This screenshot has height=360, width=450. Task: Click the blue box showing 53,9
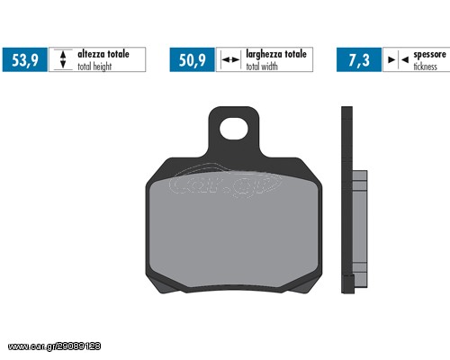[25, 59]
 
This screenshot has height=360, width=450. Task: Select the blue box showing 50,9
[193, 59]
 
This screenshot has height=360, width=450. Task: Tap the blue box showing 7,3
[359, 59]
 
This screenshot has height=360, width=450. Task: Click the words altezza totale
[103, 54]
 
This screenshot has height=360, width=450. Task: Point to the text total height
[94, 67]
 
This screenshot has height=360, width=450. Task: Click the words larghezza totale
[276, 54]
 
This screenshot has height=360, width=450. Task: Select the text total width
[262, 67]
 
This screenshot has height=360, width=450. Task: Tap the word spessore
[430, 55]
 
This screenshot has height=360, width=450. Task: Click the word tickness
[426, 67]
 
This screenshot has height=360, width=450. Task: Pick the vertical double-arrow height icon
[63, 59]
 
